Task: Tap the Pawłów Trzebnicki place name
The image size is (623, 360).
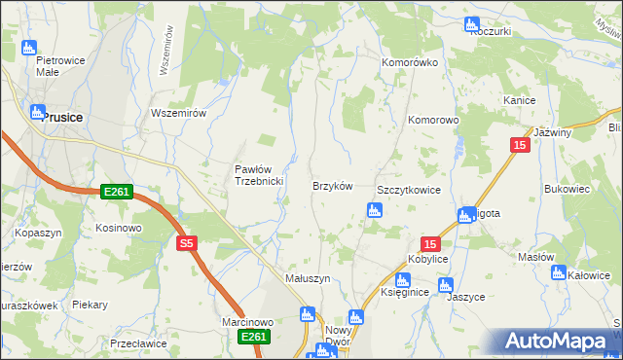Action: tap(258, 175)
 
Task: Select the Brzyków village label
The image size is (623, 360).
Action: tap(331, 186)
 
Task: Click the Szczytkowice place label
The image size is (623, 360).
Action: tap(409, 190)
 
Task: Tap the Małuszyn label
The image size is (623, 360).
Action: tap(308, 278)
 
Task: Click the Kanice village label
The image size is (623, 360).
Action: tap(521, 100)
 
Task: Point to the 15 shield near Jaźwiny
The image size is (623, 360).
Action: tap(520, 144)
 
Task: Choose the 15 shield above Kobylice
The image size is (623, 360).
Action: tap(431, 244)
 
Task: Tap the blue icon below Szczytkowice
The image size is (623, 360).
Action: tap(372, 210)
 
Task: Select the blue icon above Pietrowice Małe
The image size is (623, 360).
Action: tap(27, 47)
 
